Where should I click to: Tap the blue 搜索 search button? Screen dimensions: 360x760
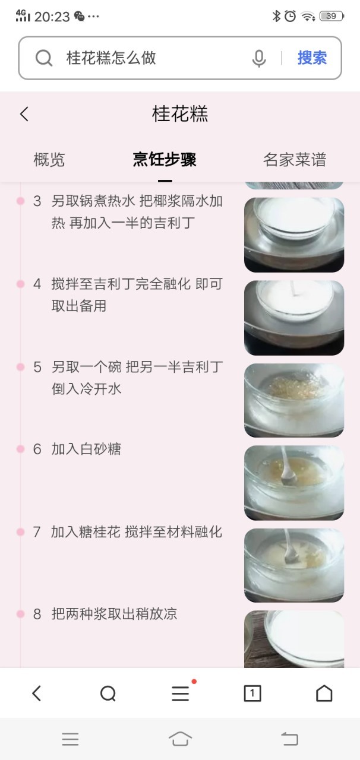tap(312, 58)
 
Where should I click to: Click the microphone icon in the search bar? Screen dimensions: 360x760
tap(259, 58)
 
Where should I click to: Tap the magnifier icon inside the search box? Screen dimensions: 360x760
tap(44, 58)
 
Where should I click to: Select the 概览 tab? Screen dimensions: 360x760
tap(49, 160)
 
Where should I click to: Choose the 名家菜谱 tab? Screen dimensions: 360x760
tap(295, 160)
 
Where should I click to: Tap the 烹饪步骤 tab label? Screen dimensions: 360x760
tap(165, 160)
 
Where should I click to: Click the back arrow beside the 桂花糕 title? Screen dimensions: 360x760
tap(24, 114)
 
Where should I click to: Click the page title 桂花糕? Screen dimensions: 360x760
tap(179, 113)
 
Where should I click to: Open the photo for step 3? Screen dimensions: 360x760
tap(294, 235)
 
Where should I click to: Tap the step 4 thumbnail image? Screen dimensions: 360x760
tap(294, 318)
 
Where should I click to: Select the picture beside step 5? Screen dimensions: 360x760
tap(294, 400)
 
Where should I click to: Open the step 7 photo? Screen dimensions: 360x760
tap(294, 565)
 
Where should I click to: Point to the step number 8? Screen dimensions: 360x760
tap(37, 614)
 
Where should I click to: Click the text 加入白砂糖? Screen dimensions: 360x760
tap(86, 449)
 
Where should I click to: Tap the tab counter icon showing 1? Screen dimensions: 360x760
tap(252, 693)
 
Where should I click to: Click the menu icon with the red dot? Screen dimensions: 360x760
tap(181, 693)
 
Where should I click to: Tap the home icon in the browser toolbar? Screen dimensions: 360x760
tap(324, 693)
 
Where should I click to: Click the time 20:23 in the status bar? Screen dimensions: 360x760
tap(52, 17)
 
